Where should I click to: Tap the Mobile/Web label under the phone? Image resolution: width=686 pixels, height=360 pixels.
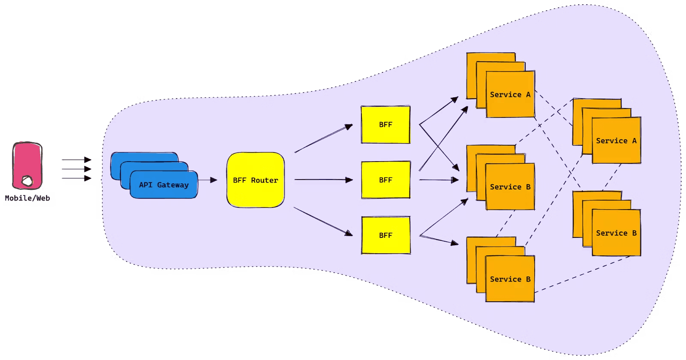click(x=27, y=198)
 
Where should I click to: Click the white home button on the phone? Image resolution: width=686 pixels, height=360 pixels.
click(x=27, y=181)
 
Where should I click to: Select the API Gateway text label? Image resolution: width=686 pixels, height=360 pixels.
click(x=164, y=185)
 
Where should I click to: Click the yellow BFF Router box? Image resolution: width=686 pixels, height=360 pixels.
click(x=256, y=180)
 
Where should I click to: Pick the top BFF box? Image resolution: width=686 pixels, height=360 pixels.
click(x=385, y=125)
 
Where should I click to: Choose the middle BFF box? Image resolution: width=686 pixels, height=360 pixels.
click(x=385, y=180)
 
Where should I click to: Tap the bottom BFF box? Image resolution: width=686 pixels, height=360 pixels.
click(x=385, y=235)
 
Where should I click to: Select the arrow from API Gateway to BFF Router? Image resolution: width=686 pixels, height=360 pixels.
click(x=208, y=180)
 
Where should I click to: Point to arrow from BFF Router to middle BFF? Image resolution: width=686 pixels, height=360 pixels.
click(x=324, y=180)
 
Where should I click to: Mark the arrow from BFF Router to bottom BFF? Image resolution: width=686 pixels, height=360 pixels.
click(x=324, y=222)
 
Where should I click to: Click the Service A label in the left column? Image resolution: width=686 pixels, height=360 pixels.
click(x=510, y=95)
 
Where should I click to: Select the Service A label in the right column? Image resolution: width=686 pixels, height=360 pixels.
click(x=616, y=141)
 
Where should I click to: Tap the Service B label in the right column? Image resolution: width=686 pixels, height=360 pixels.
click(x=616, y=233)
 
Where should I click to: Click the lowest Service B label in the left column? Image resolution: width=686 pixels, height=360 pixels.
click(x=510, y=279)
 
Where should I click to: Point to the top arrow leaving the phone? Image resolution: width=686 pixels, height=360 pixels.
click(x=76, y=160)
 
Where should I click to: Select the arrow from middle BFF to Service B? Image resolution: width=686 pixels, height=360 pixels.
click(x=437, y=180)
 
